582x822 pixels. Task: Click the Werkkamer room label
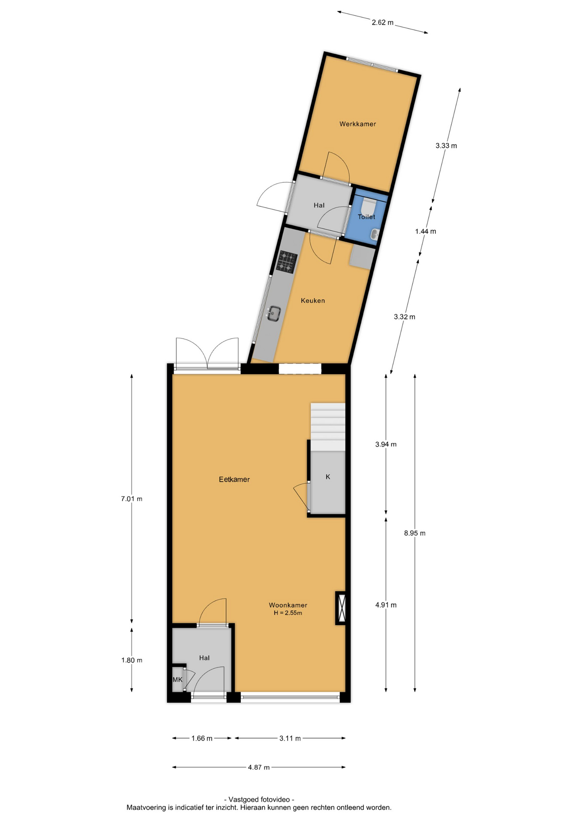click(x=357, y=124)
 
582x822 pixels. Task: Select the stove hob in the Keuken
click(x=287, y=262)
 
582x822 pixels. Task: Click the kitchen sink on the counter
click(x=273, y=313)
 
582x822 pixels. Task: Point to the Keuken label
click(x=313, y=301)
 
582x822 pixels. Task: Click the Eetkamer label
click(x=234, y=479)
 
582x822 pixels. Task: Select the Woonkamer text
click(x=288, y=605)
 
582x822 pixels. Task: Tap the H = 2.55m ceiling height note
click(x=288, y=613)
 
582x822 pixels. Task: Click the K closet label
click(x=328, y=477)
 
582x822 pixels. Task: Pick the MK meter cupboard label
click(x=177, y=679)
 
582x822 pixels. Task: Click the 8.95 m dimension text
click(x=415, y=533)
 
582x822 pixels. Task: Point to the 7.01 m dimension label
click(x=132, y=499)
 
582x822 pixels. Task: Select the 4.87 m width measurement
click(x=259, y=767)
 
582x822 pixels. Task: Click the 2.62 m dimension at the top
click(x=382, y=22)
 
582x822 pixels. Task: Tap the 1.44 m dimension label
click(x=426, y=232)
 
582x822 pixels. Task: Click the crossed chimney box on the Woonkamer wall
click(x=341, y=608)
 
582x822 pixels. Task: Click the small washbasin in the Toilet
click(x=375, y=234)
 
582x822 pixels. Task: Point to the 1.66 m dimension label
click(x=202, y=738)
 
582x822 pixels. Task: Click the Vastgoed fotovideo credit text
click(x=259, y=799)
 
